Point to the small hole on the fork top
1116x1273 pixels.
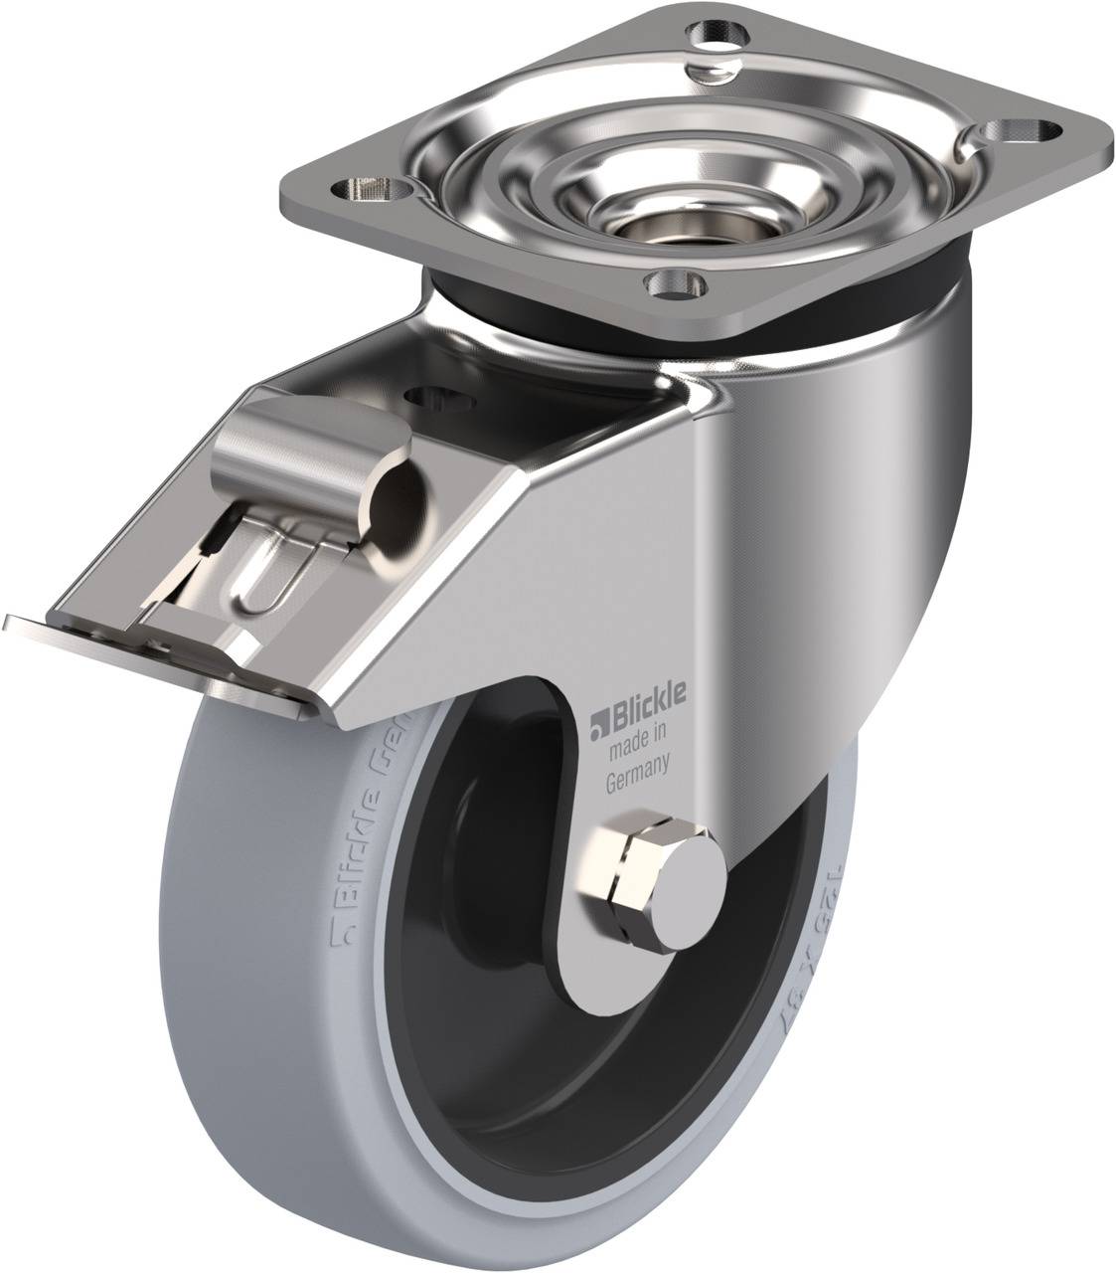pyautogui.click(x=434, y=398)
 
